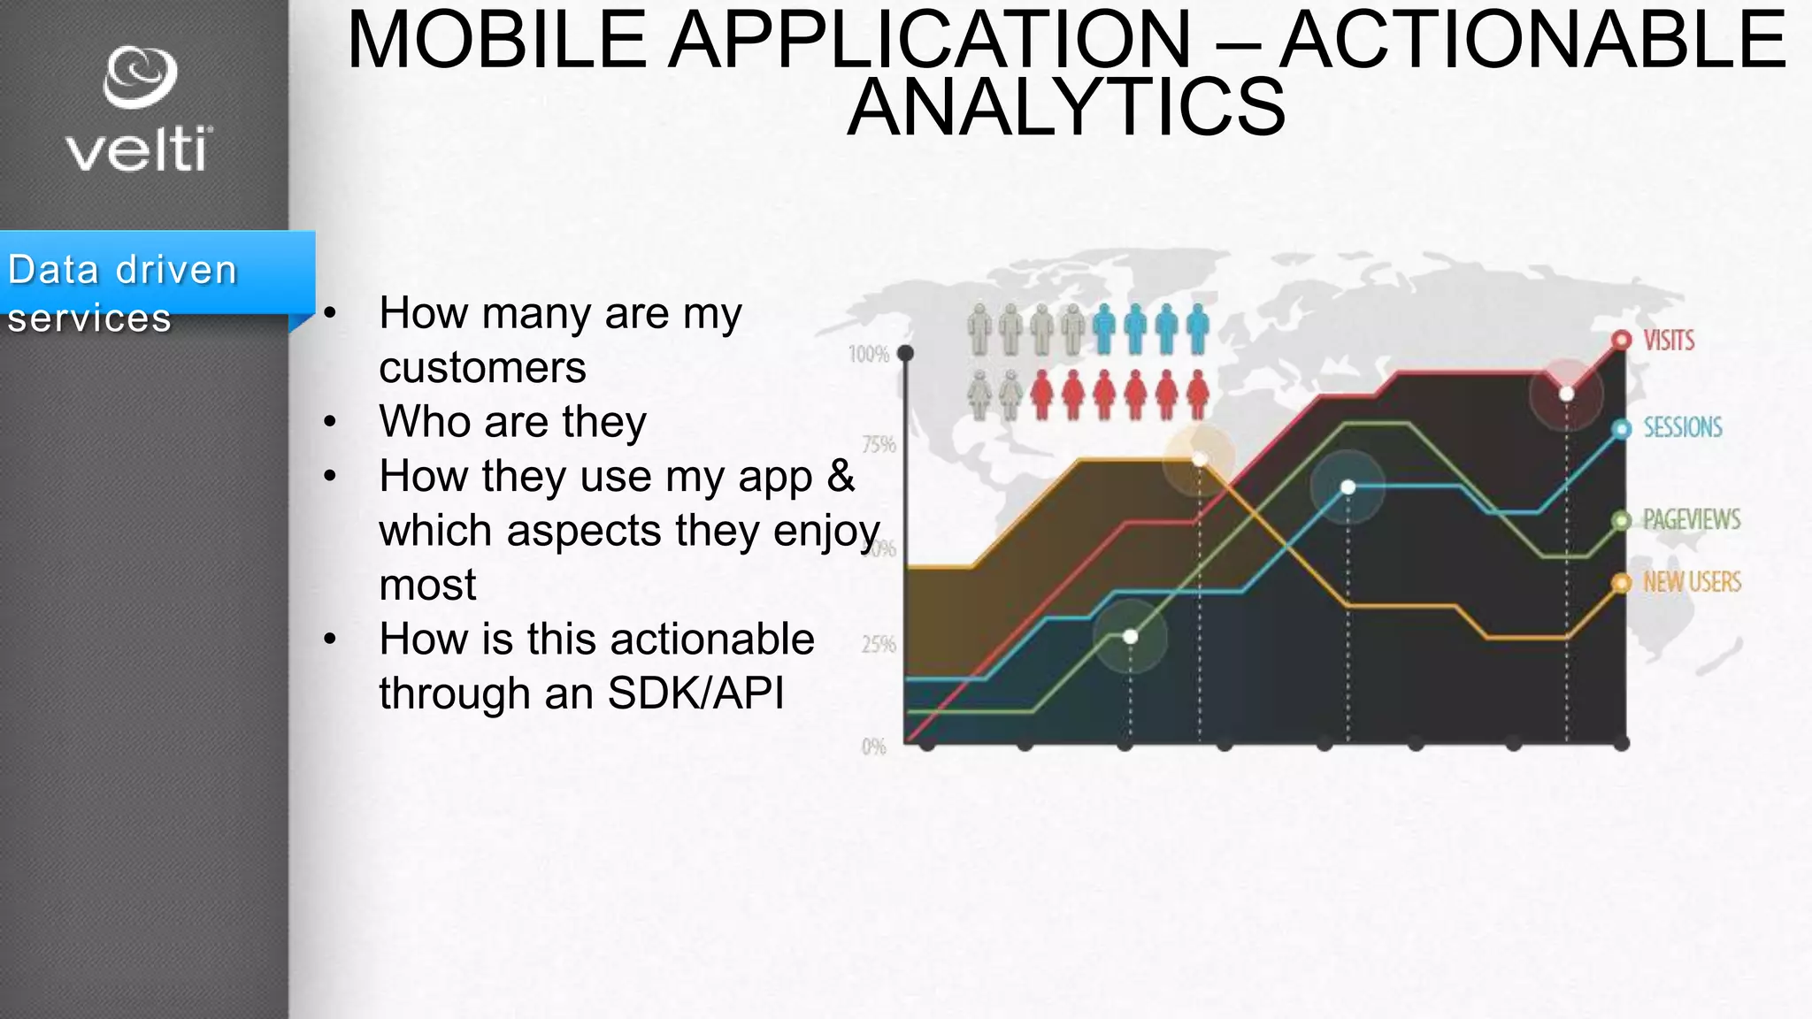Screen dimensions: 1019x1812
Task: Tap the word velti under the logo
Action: coord(139,149)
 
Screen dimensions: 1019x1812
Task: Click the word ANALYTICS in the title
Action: coord(1066,108)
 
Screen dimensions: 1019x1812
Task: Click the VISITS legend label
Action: coord(1668,341)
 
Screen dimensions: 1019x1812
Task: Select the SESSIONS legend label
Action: coord(1682,428)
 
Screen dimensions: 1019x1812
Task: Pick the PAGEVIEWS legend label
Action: coord(1691,519)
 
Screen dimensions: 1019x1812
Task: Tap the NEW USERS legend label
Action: coord(1691,582)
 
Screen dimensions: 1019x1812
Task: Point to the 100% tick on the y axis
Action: coord(868,355)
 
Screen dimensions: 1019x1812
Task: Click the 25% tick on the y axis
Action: coord(878,644)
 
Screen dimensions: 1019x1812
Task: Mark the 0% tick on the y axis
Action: coord(873,747)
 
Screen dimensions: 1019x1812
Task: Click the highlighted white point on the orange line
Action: coord(1199,459)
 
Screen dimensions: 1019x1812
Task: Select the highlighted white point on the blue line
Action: coord(1347,487)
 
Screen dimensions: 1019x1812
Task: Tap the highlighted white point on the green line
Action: coord(1130,636)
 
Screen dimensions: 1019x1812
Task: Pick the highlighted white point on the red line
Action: coord(1566,394)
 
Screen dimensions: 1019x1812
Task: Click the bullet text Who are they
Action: coord(512,421)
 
